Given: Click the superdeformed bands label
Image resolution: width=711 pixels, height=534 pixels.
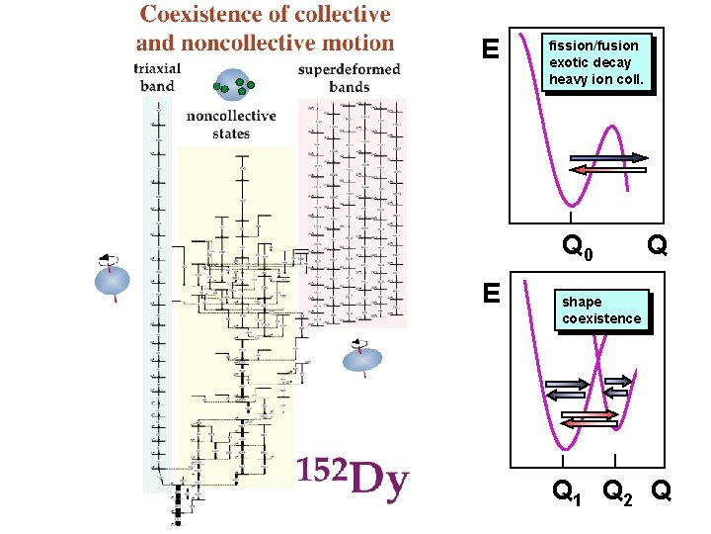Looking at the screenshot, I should (x=349, y=77).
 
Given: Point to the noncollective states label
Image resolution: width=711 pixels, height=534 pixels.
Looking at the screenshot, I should (x=231, y=125).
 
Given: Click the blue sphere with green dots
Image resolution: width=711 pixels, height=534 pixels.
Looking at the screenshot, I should (x=232, y=86).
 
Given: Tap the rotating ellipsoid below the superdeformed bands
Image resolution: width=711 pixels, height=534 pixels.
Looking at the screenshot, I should (x=361, y=358).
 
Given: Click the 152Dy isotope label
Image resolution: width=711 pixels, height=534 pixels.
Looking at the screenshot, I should (x=353, y=481).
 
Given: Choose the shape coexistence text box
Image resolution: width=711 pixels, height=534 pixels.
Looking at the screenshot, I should (x=601, y=311).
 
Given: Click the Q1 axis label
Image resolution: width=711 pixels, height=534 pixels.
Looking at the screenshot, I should (x=566, y=490).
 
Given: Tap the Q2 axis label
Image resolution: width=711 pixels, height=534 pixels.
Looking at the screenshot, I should (x=618, y=490).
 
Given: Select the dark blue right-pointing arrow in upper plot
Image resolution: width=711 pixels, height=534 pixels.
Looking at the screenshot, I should (x=609, y=157).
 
